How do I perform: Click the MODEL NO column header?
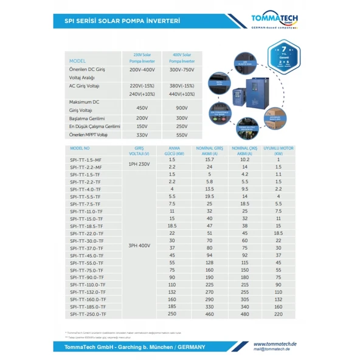80,148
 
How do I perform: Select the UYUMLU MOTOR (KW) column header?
278,150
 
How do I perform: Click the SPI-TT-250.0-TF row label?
88,314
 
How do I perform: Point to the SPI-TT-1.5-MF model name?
86,159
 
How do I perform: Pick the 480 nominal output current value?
244,314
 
